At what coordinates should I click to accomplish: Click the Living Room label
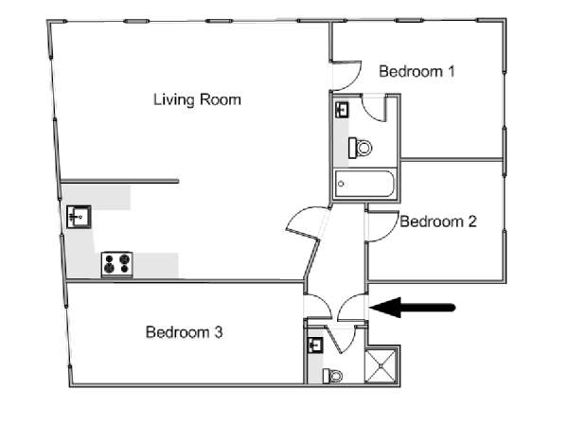[197, 99]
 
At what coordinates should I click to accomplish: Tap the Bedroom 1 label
[417, 71]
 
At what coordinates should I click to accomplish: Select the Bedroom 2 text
[438, 222]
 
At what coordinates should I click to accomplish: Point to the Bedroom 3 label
[184, 332]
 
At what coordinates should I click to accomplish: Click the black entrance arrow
[412, 308]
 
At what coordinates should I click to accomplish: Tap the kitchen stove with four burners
[116, 264]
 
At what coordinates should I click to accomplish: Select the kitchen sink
[79, 217]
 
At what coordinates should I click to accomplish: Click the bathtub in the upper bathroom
[364, 184]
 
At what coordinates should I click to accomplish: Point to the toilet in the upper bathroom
[360, 148]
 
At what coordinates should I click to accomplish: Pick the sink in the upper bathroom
[342, 110]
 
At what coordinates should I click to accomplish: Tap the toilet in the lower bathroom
[333, 376]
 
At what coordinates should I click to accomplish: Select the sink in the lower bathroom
[315, 346]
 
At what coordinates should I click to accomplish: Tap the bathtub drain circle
[341, 184]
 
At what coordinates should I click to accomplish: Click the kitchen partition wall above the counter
[119, 181]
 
